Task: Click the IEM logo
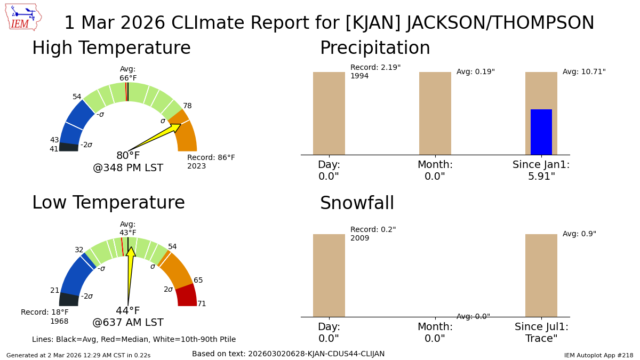pyautogui.click(x=23, y=17)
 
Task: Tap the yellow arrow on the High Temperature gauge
pyautogui.click(x=155, y=138)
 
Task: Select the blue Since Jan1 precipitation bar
pyautogui.click(x=541, y=132)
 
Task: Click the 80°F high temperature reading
pyautogui.click(x=128, y=155)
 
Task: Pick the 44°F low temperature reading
pyautogui.click(x=127, y=310)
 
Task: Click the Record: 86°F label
pyautogui.click(x=211, y=157)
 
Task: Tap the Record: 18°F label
pyautogui.click(x=45, y=312)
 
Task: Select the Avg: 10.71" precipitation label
pyautogui.click(x=584, y=71)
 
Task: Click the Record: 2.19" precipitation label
pyautogui.click(x=375, y=67)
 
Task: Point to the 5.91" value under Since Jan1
pyautogui.click(x=541, y=177)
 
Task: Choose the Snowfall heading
pyautogui.click(x=357, y=203)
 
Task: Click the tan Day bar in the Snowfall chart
pyautogui.click(x=329, y=275)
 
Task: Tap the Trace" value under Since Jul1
pyautogui.click(x=541, y=339)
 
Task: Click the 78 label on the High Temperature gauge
pyautogui.click(x=187, y=106)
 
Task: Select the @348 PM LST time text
pyautogui.click(x=128, y=167)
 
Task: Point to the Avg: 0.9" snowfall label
pyautogui.click(x=579, y=234)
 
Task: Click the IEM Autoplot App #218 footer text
pyautogui.click(x=598, y=355)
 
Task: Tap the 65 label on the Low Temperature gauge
pyautogui.click(x=198, y=281)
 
